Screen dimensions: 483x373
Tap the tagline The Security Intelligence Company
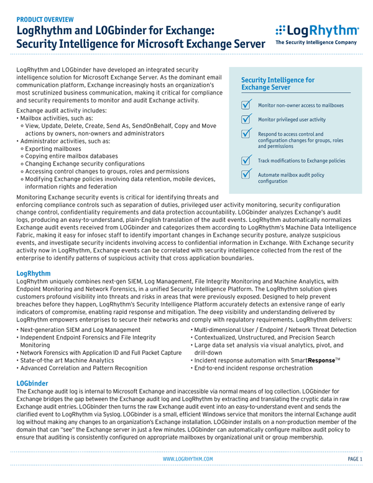pos(316,43)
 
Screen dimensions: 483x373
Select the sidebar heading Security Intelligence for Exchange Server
pos(277,84)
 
